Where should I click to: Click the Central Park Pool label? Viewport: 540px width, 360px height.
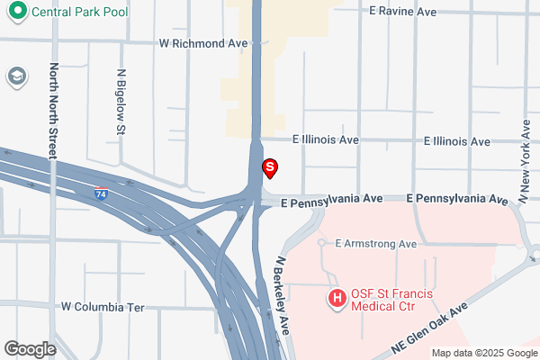[x=79, y=13]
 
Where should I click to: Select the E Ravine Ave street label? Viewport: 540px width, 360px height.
[x=403, y=12]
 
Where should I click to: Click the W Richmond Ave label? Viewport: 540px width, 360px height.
[x=202, y=42]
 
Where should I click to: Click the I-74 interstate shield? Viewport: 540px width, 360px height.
[x=103, y=193]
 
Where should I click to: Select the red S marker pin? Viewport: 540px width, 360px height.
[x=269, y=167]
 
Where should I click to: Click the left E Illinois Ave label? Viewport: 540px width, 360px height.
[x=325, y=140]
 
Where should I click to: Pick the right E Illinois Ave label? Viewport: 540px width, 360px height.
[x=457, y=141]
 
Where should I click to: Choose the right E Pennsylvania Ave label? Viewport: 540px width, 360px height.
[x=457, y=198]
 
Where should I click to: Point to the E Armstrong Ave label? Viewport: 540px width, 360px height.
[x=375, y=244]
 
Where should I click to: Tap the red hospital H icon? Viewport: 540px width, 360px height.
[x=337, y=297]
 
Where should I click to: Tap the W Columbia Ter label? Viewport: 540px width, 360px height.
[x=103, y=307]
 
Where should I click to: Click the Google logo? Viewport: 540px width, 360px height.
[x=31, y=349]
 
